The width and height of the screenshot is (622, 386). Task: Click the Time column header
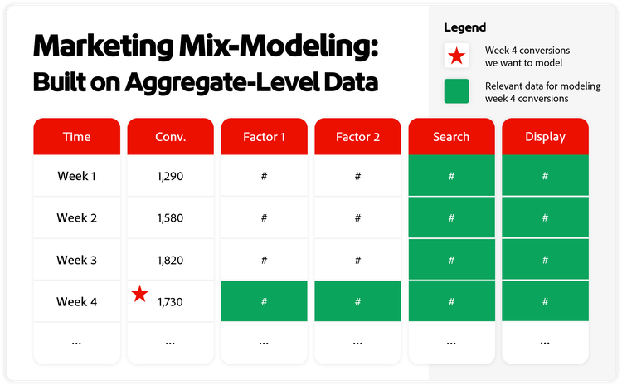point(76,137)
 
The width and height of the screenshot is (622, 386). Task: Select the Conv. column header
point(170,137)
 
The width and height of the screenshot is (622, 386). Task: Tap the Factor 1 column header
point(264,137)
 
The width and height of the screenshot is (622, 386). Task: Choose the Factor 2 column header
point(357,137)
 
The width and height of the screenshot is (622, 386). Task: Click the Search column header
point(451,137)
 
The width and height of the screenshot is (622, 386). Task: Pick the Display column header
point(545,137)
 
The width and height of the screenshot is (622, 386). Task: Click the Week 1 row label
point(76,176)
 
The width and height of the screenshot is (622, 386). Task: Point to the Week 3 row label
point(76,260)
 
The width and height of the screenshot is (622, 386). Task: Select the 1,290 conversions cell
point(170,177)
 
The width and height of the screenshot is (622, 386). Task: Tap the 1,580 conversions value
point(170,218)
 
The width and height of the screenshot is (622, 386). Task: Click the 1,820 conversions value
point(170,261)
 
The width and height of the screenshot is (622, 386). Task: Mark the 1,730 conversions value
point(170,302)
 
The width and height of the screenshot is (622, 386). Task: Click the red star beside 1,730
point(140,293)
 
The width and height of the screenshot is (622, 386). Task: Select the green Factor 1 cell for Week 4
point(264,301)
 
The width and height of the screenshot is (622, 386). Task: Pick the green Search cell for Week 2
point(451,218)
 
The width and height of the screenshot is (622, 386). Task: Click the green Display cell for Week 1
point(545,176)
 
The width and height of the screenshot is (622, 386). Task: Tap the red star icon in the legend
point(456,56)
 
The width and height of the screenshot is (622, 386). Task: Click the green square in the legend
point(456,91)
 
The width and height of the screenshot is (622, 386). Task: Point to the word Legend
point(465,27)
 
